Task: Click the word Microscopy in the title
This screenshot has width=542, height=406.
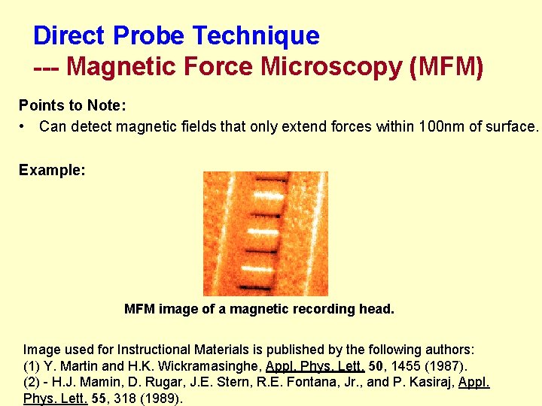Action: pyautogui.click(x=330, y=67)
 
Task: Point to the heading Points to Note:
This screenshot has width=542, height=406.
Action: pyautogui.click(x=72, y=105)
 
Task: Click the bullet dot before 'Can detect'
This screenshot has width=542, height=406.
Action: pyautogui.click(x=25, y=126)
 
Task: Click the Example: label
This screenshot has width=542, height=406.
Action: pyautogui.click(x=52, y=170)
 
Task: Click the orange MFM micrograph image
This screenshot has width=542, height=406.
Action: pyautogui.click(x=265, y=233)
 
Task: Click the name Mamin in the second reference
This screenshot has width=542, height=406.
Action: pyautogui.click(x=86, y=383)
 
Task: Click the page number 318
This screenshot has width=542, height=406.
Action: pyautogui.click(x=125, y=398)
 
